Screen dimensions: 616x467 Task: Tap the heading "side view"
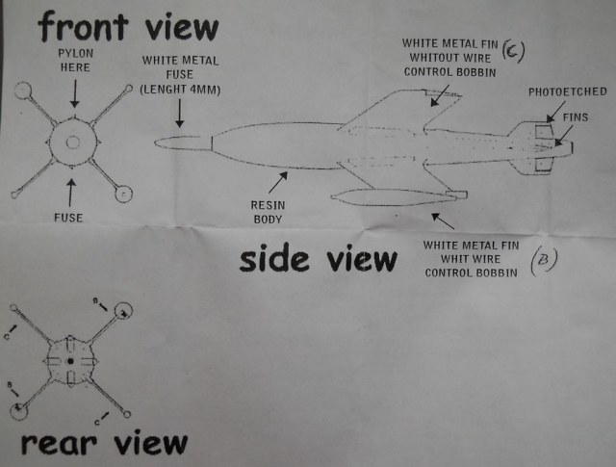[x=319, y=259]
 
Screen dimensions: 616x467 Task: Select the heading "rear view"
[x=103, y=443]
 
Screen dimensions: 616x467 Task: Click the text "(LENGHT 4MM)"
[x=180, y=90]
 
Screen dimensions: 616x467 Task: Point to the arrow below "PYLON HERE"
[x=73, y=92]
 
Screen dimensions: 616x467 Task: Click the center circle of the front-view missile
[x=73, y=143]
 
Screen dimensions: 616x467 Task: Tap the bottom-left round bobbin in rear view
[x=18, y=412]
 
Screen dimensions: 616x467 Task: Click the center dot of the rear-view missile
[x=70, y=361]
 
